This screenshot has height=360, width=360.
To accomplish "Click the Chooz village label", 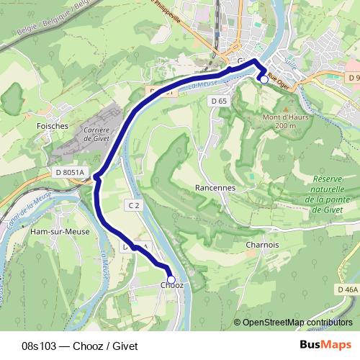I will pyautogui.click(x=171, y=286).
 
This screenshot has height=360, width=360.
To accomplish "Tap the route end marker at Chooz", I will pyautogui.click(x=171, y=279).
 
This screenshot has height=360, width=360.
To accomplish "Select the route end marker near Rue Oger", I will pyautogui.click(x=264, y=80).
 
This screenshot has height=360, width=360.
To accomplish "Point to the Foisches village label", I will pyautogui.click(x=52, y=125).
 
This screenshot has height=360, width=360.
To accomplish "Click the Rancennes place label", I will pyautogui.click(x=215, y=187).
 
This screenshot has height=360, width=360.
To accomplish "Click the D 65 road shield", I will pyautogui.click(x=220, y=102).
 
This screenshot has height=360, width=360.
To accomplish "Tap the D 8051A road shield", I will pyautogui.click(x=69, y=173).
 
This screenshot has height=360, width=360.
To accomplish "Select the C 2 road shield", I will pyautogui.click(x=133, y=205).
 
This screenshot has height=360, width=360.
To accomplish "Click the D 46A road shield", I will pyautogui.click(x=347, y=289).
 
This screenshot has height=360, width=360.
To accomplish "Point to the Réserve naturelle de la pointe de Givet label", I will pyautogui.click(x=330, y=194).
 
